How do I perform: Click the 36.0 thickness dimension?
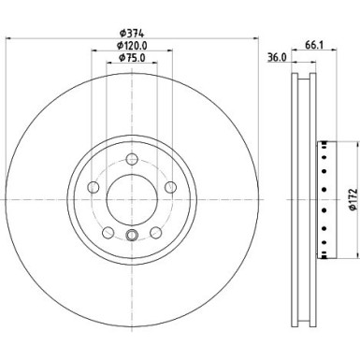coord(278,55)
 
